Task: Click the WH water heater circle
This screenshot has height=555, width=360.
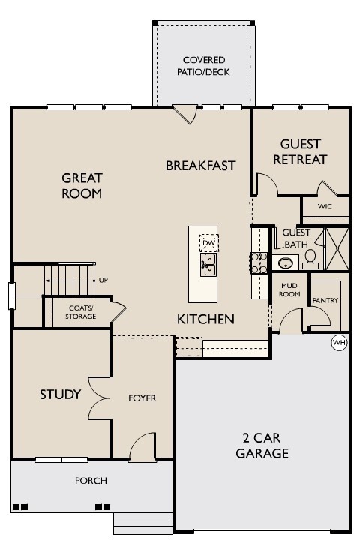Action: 339,342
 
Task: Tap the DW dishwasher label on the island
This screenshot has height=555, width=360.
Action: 208,243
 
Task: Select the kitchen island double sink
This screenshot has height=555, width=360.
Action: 208,265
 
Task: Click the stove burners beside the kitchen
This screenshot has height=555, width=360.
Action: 259,263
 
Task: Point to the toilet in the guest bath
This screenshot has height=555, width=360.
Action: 310,259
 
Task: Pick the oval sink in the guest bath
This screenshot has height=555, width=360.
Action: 285,263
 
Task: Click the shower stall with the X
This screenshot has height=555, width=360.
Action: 337,249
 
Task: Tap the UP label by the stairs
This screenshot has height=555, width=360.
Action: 103,280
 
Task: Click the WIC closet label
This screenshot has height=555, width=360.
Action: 325,206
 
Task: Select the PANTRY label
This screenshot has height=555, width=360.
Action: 325,300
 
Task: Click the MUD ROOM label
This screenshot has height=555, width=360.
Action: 289,289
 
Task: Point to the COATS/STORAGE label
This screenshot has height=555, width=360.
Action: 81,312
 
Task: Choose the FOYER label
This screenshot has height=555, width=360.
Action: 142,398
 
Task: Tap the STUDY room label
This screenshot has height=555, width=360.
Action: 60,394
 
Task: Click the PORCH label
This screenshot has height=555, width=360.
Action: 91,481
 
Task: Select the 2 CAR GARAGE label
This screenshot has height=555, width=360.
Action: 262,445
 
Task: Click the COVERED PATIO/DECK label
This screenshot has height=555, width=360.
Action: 203,66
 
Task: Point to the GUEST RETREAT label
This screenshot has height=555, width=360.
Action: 300,151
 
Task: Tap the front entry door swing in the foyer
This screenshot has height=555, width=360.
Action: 142,447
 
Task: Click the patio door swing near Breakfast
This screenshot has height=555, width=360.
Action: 185,114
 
